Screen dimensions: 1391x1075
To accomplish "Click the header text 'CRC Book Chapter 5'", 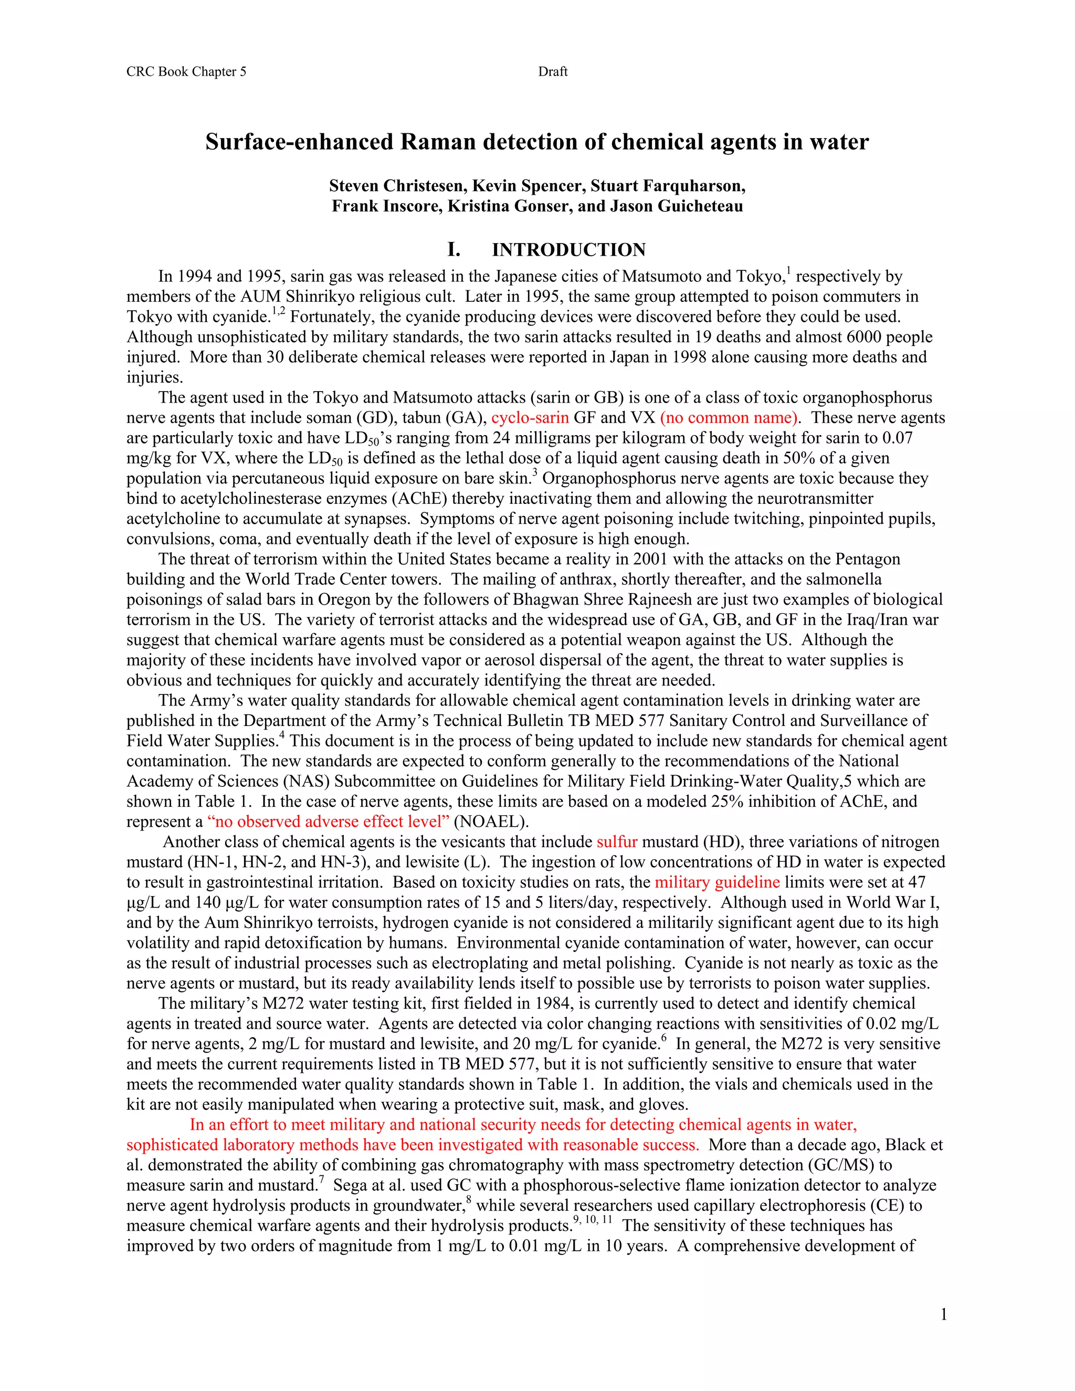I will [186, 72].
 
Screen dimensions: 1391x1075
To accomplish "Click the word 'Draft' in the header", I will [552, 72].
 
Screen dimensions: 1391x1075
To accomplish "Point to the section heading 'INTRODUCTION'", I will [568, 250].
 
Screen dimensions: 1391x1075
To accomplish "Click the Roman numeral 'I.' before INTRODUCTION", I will [454, 250].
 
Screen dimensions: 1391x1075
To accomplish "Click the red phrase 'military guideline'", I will [717, 882].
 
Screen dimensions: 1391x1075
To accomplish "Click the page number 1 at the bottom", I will [943, 1314].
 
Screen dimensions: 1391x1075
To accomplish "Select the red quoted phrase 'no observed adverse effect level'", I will [329, 821].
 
